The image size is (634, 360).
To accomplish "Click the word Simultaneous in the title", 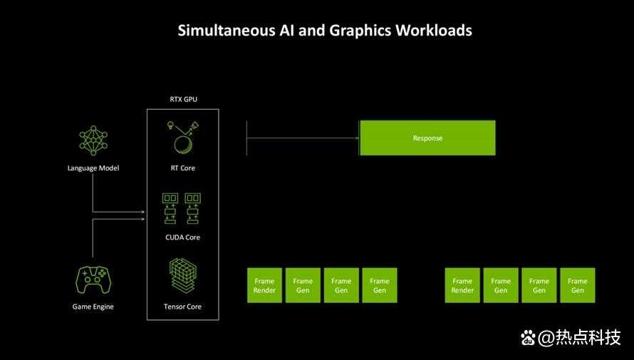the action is (x=227, y=31).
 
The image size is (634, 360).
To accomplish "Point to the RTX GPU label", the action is (x=184, y=99).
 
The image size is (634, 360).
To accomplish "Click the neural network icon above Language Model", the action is (x=93, y=140).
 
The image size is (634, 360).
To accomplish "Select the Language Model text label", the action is (x=93, y=168).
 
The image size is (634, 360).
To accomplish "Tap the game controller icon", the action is (x=93, y=280).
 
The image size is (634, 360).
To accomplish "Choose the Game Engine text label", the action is (x=93, y=307).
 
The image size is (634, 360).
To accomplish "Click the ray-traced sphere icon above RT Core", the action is (x=183, y=137).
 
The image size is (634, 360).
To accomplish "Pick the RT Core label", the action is (x=183, y=168).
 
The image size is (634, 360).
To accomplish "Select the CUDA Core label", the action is (x=183, y=237).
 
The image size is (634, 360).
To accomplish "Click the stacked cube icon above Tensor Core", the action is (x=183, y=276).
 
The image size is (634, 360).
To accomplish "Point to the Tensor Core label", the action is (x=183, y=307).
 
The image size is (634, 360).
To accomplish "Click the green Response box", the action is (x=427, y=138).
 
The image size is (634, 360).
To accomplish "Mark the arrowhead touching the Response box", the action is (x=357, y=138).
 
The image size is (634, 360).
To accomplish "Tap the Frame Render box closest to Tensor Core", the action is (x=264, y=285).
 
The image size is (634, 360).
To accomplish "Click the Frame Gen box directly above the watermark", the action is (x=578, y=285).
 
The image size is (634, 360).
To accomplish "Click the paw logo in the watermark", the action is (x=528, y=338).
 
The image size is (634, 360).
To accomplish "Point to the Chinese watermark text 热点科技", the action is (x=588, y=338).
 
